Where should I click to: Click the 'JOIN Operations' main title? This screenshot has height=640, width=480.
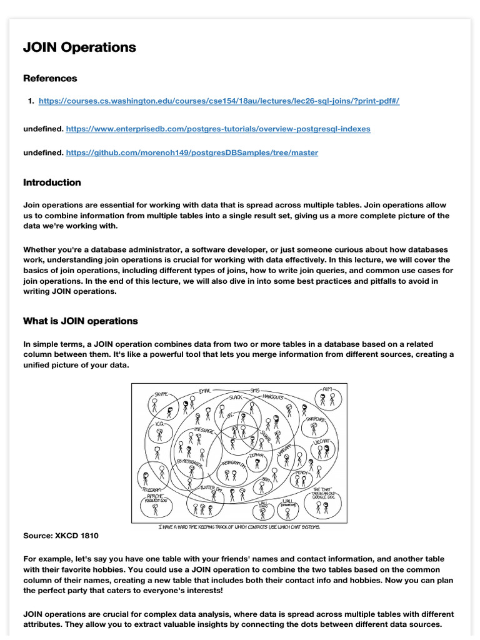pyautogui.click(x=79, y=47)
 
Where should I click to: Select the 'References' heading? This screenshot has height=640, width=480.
pyautogui.click(x=50, y=78)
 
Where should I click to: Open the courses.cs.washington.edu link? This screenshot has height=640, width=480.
pyautogui.click(x=219, y=101)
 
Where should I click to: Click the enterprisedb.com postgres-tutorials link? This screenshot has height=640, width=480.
pyautogui.click(x=217, y=129)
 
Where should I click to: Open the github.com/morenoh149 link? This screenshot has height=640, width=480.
pyautogui.click(x=191, y=152)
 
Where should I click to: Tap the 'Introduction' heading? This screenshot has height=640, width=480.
pyautogui.click(x=52, y=182)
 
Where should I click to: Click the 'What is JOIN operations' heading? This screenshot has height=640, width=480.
pyautogui.click(x=80, y=321)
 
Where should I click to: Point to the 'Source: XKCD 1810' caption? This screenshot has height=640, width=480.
pyautogui.click(x=61, y=536)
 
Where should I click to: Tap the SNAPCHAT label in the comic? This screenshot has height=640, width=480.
pyautogui.click(x=314, y=419)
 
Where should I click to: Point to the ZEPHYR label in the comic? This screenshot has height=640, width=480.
pyautogui.click(x=256, y=456)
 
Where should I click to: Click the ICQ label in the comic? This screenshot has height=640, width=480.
pyautogui.click(x=159, y=423)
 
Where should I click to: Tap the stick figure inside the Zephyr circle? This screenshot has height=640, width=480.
pyautogui.click(x=256, y=468)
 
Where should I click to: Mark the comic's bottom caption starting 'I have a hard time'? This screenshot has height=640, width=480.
pyautogui.click(x=238, y=527)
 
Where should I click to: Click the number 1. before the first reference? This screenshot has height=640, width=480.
pyautogui.click(x=31, y=101)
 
